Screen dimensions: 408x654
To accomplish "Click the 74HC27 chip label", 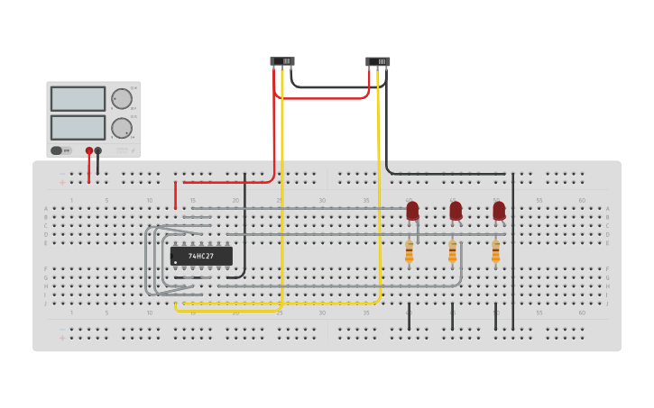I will pos(201,256).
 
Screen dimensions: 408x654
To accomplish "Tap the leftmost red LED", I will pos(412,211).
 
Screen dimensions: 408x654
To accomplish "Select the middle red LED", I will pos(456,211).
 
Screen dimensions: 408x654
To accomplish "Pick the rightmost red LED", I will pos(499,211).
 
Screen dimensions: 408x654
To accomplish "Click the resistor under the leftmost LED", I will pos(410,252).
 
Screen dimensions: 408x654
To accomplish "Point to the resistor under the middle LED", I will pos(453,252).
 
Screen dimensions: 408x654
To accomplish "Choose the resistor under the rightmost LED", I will pos(495,252).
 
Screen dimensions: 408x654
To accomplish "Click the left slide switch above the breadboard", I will pos(281,61).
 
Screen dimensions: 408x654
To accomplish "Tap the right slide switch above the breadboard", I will pos(378,61).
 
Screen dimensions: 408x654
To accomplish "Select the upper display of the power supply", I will pos(78,98).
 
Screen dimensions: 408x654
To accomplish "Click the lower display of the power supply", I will pos(78,127).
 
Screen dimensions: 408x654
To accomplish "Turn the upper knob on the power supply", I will pos(121,98).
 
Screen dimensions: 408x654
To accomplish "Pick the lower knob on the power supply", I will pos(121,128).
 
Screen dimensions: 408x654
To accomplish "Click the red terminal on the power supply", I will pos(88,150).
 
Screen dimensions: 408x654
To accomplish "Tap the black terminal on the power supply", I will pos(98,150).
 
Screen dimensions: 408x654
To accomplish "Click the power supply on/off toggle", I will pos(60,150).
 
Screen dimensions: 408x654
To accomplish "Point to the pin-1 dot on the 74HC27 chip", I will pos(175,262).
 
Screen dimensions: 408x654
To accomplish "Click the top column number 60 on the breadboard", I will pos(582,200).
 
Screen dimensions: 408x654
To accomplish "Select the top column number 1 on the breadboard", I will pos(72,200).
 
